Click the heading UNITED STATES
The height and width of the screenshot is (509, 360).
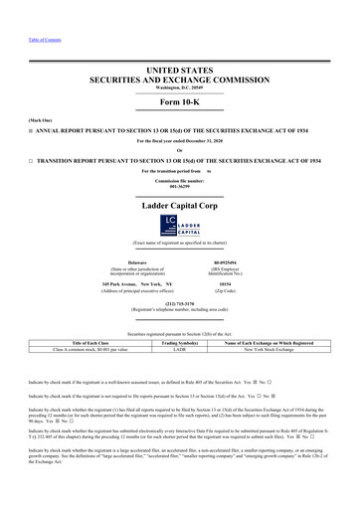(180, 71)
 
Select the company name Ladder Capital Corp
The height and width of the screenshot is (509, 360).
(180, 204)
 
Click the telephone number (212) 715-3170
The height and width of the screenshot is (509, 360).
(180, 305)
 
